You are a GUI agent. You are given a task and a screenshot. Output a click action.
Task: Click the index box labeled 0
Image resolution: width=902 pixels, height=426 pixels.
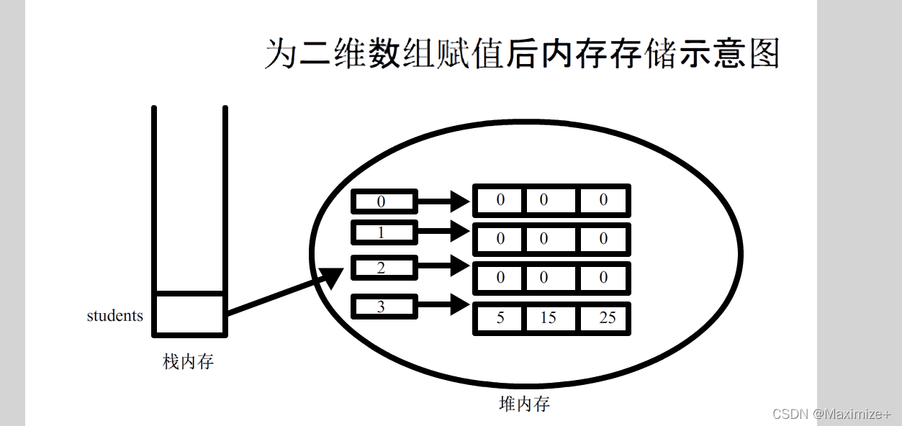click(384, 201)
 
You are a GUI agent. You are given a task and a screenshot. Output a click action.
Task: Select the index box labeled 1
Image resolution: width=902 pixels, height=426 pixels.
click(384, 232)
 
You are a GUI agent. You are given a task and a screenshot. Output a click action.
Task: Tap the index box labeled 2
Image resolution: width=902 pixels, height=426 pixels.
click(384, 268)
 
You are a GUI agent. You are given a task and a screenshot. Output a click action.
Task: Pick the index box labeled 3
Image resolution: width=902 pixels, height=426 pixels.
click(384, 307)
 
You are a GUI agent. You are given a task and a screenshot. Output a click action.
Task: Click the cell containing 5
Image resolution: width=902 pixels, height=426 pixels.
click(500, 318)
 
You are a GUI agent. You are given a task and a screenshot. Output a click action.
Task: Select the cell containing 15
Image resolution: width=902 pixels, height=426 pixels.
click(549, 318)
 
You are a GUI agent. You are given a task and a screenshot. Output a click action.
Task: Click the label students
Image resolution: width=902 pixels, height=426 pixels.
click(114, 315)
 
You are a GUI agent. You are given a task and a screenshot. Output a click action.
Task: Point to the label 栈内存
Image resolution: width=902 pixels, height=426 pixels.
click(188, 362)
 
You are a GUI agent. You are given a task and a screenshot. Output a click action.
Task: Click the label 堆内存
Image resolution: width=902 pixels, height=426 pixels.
click(524, 404)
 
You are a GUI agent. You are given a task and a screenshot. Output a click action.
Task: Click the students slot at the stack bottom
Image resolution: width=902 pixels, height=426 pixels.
click(189, 314)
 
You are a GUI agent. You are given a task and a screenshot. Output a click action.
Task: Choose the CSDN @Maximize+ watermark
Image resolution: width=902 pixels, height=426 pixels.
click(831, 414)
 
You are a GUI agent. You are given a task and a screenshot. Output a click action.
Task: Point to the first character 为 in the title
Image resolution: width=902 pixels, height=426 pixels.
click(280, 54)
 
